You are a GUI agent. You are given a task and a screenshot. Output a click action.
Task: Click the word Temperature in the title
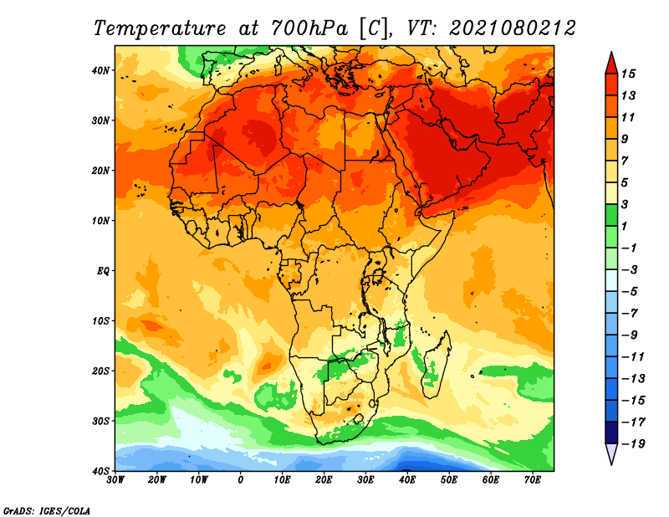159,28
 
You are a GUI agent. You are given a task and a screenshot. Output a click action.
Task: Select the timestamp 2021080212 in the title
513,28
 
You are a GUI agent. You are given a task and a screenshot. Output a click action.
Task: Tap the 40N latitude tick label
100,70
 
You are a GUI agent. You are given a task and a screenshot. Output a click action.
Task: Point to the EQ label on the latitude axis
103,271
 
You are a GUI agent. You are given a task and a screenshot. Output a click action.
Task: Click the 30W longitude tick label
115,480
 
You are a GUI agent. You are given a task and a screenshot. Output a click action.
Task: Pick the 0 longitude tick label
241,480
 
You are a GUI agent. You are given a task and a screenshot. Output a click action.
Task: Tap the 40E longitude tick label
407,480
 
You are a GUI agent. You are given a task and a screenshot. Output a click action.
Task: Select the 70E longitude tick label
533,480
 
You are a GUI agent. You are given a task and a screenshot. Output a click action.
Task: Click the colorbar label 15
628,74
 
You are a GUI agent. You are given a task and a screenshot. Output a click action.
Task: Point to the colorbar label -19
633,443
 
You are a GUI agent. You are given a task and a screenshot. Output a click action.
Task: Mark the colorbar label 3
625,204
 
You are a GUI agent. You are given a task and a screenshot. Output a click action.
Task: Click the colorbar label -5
630,291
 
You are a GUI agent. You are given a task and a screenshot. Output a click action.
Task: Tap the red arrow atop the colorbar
611,64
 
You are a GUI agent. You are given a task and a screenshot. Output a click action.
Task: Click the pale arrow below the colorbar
611,453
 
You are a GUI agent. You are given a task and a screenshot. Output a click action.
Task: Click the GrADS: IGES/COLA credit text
47,510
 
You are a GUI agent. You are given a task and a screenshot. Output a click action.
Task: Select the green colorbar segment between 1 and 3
611,215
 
